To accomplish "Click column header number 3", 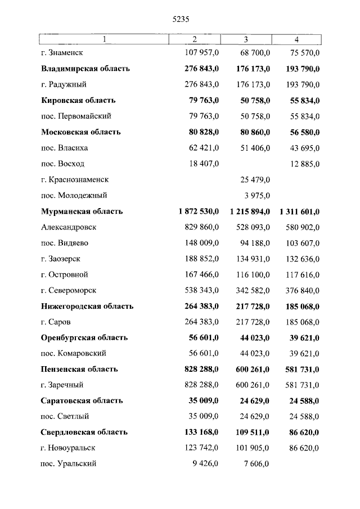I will point(246,39).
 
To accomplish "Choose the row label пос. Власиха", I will point(65,148).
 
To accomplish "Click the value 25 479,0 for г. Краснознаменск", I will point(253,179).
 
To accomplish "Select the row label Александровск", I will point(69,227).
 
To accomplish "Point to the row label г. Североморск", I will point(69,290).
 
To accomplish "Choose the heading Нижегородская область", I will point(87,307).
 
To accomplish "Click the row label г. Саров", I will point(56,322).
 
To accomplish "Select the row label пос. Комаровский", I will point(74,354).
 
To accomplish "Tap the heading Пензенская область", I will point(79,370).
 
